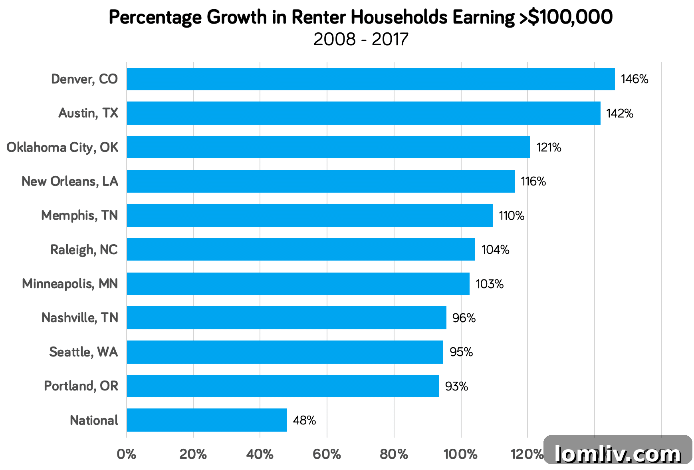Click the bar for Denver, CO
pos(371,79)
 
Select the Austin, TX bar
pos(363,113)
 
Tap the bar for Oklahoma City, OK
pos(328,147)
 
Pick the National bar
pos(206,420)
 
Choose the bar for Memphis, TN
pos(309,215)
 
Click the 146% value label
pos(635,79)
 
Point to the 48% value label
pos(304,420)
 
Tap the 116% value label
pos(533,181)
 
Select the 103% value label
pos(490,284)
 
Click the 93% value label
pos(456,386)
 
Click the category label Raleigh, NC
pos(84,250)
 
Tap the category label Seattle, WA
pos(83,352)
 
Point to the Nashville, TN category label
pos(80,318)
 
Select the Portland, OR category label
pos(81,386)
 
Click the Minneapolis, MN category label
pos(70,284)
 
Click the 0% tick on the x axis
pos(127,454)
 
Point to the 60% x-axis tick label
pos(327,454)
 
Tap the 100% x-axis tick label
pos(460,454)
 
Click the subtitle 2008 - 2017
pos(361,40)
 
